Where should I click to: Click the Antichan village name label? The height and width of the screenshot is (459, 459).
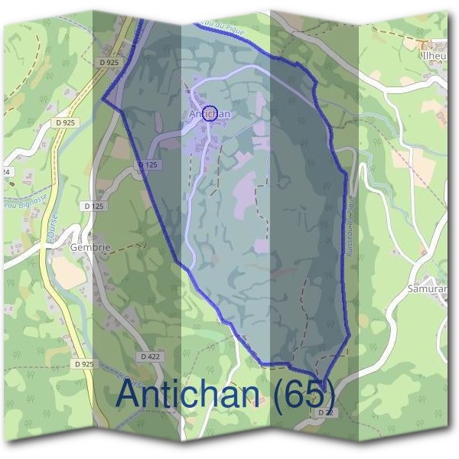click(208, 113)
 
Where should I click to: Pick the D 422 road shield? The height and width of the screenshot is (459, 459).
click(150, 356)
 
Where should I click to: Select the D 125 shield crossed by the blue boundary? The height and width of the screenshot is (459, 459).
click(148, 164)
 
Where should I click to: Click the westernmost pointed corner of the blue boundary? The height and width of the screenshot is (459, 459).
click(103, 99)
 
